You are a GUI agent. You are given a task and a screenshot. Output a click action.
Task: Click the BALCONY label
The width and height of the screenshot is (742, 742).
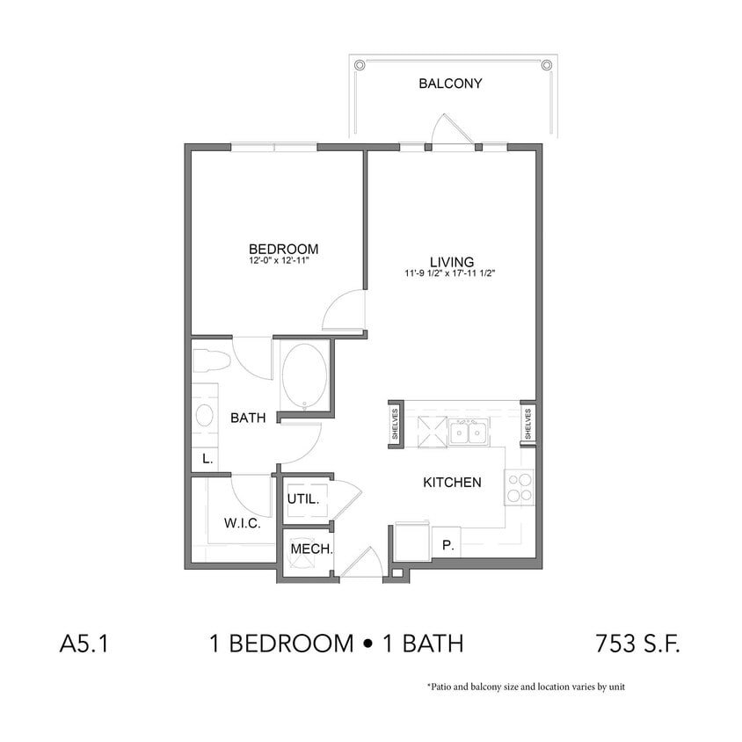click(x=450, y=84)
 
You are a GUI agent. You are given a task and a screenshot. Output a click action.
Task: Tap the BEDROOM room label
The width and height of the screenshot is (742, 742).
click(x=283, y=250)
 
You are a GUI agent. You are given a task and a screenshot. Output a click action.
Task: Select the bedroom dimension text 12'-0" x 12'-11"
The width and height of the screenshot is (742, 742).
click(x=283, y=262)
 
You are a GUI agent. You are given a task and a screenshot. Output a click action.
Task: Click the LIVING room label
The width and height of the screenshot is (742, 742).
click(x=452, y=262)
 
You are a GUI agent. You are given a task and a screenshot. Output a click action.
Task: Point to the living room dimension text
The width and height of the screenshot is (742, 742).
click(x=452, y=274)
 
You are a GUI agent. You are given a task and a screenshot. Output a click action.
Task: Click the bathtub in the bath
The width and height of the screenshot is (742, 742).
click(x=305, y=376)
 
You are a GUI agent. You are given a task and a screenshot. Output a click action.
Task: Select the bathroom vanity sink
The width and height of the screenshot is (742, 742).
click(x=205, y=417)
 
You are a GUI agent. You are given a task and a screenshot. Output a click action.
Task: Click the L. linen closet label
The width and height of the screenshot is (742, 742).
click(x=207, y=459)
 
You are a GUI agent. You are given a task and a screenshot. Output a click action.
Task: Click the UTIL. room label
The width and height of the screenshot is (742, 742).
click(x=303, y=498)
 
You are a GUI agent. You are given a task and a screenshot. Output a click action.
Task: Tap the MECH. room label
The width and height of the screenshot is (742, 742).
click(x=311, y=549)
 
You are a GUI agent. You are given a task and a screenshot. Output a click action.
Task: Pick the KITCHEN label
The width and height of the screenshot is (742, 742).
click(x=452, y=482)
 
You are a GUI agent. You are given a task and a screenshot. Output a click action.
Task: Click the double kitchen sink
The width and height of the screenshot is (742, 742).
click(x=468, y=431)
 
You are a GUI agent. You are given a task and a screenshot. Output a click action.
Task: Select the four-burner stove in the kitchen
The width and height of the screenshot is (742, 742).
click(x=519, y=487)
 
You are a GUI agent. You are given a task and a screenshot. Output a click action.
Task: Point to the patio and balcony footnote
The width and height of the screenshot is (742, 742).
click(x=525, y=687)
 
